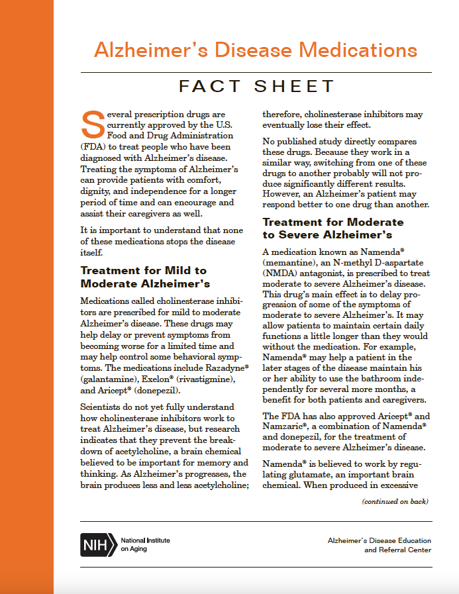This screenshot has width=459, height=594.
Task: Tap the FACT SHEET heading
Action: click(257, 86)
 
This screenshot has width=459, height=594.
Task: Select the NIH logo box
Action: click(98, 544)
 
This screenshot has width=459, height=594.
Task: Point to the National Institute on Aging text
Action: click(145, 544)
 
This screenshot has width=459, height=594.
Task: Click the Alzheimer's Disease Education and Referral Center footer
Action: click(380, 545)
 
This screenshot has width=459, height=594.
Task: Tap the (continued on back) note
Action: click(395, 501)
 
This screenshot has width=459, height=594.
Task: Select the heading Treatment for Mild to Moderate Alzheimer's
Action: click(144, 277)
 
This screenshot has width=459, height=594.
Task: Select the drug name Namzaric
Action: click(284, 427)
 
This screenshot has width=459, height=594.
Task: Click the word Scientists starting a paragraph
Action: click(104, 407)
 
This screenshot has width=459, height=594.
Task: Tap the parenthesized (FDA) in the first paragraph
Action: click(95, 146)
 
